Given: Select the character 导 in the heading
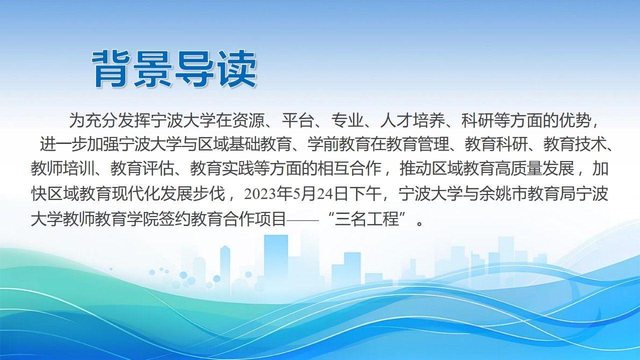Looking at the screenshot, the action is pos(195,69).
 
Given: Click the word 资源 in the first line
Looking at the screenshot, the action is pos(248,121).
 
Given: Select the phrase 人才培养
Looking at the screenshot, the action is pos(411,121).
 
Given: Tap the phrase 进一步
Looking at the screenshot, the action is pos(63,144).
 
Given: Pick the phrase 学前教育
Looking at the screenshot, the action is pos(338,144).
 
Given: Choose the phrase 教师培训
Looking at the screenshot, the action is pos(62,168).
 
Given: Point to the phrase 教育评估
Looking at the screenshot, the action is pos(142,168).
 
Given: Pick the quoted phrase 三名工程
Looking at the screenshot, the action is pos(366,219).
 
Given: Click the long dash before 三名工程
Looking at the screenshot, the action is pos(302,220).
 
